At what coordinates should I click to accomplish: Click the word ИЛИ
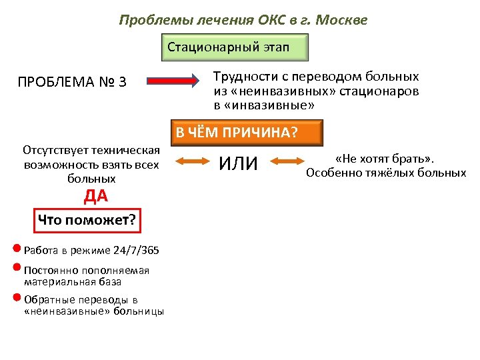238,162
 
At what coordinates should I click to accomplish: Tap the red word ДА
95,197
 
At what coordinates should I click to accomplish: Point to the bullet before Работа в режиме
17,250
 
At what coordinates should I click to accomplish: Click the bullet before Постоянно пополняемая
17,269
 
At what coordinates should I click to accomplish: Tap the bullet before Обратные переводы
17,298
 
